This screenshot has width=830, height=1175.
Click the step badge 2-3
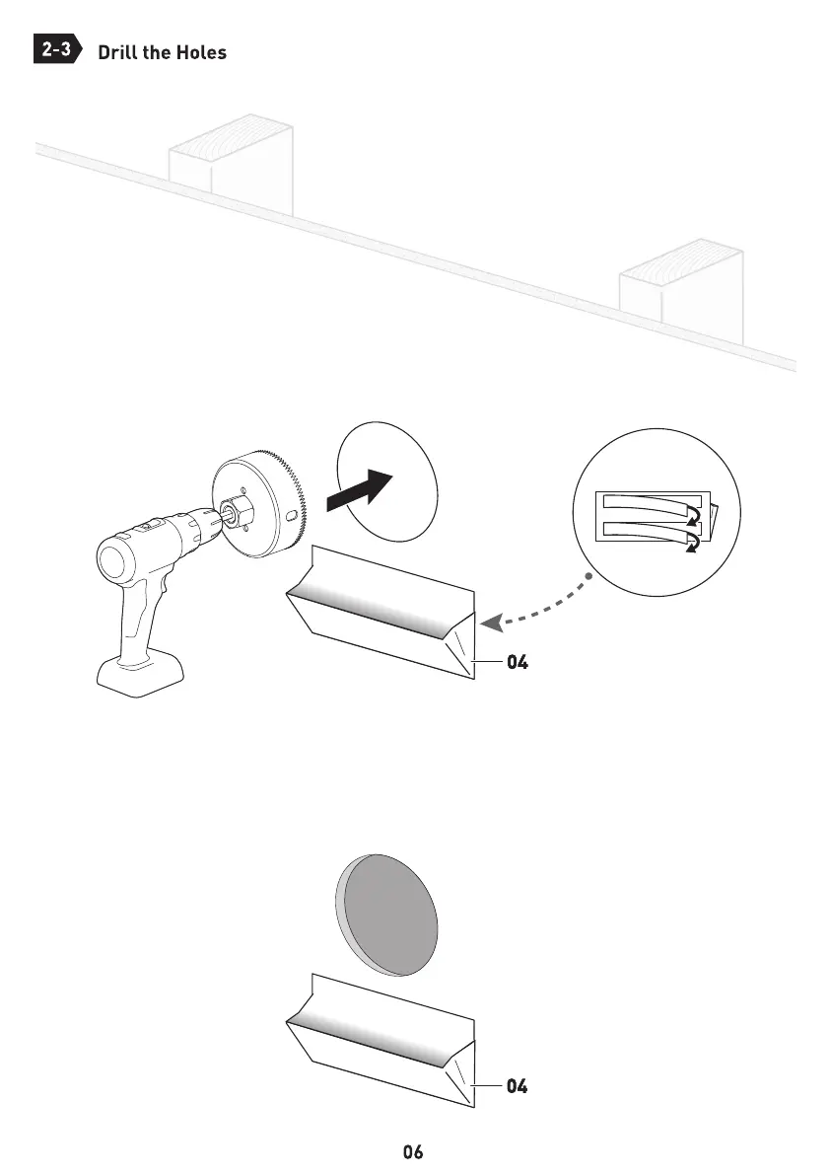56,50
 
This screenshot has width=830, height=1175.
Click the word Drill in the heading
117,52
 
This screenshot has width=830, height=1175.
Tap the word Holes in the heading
201,52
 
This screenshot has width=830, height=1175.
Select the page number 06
413,1151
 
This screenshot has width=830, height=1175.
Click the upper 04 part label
518,663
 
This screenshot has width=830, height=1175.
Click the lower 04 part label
518,1087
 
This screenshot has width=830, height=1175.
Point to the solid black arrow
360,490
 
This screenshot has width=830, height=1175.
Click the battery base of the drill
139,679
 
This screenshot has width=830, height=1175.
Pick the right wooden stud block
680,289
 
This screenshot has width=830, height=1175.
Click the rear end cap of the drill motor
116,562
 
